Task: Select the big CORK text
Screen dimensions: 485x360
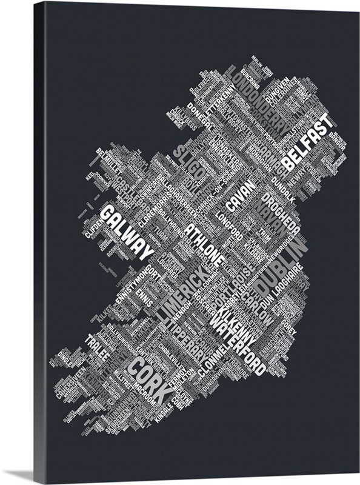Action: click(x=145, y=378)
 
